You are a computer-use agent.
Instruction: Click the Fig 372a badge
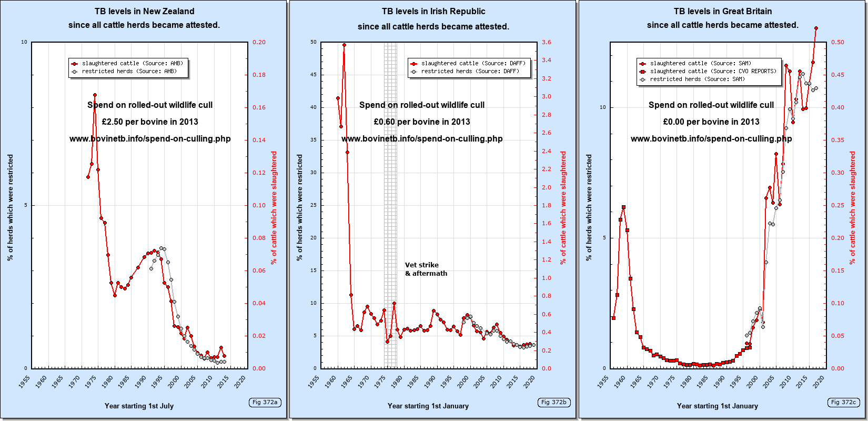tap(265, 403)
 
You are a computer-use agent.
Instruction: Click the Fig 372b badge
tap(554, 403)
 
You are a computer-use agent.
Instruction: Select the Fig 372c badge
tap(843, 403)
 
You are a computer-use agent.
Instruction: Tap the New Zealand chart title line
tap(144, 11)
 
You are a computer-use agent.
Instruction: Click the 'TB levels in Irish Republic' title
tap(433, 11)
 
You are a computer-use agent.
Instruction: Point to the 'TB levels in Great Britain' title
tap(723, 11)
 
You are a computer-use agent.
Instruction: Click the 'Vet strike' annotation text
tap(422, 265)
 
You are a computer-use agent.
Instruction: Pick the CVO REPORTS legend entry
tap(713, 71)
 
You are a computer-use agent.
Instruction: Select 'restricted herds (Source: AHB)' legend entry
tap(129, 71)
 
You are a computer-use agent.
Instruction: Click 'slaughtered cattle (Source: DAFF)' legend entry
tap(473, 63)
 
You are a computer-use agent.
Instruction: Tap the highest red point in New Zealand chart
tap(95, 95)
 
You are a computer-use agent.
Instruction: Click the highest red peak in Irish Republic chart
tap(344, 45)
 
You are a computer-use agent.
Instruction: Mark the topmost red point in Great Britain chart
tap(816, 28)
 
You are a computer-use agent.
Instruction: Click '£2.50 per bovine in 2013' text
tap(150, 122)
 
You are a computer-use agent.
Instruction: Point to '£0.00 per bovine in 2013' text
tap(711, 122)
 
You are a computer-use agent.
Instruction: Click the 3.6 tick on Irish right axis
tap(547, 42)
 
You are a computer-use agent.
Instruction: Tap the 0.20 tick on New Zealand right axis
tap(259, 42)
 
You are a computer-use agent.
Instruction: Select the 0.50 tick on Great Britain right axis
tap(837, 42)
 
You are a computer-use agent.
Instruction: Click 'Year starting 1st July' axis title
tap(139, 406)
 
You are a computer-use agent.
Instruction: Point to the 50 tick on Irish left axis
tap(314, 42)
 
